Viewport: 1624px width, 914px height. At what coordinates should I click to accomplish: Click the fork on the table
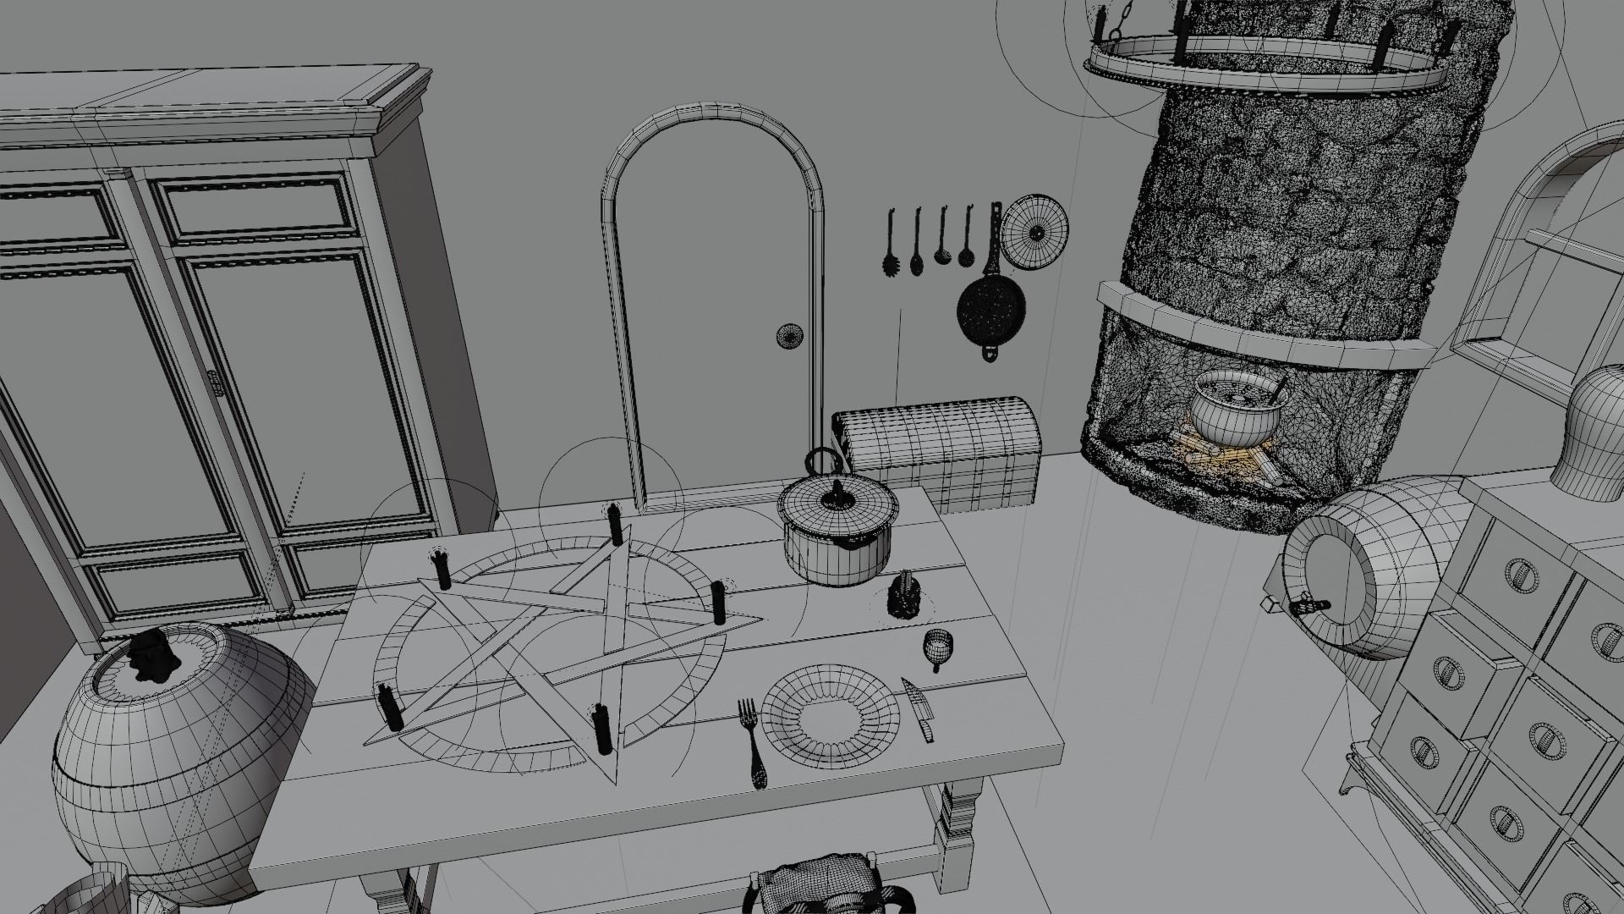click(753, 741)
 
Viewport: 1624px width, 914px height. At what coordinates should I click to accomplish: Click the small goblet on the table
click(938, 647)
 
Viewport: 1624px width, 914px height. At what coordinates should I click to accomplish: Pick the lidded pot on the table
click(837, 533)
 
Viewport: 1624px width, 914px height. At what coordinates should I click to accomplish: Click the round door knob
click(790, 334)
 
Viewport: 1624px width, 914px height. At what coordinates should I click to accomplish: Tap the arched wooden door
click(715, 322)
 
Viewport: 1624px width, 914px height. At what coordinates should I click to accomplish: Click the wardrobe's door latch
click(215, 386)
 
